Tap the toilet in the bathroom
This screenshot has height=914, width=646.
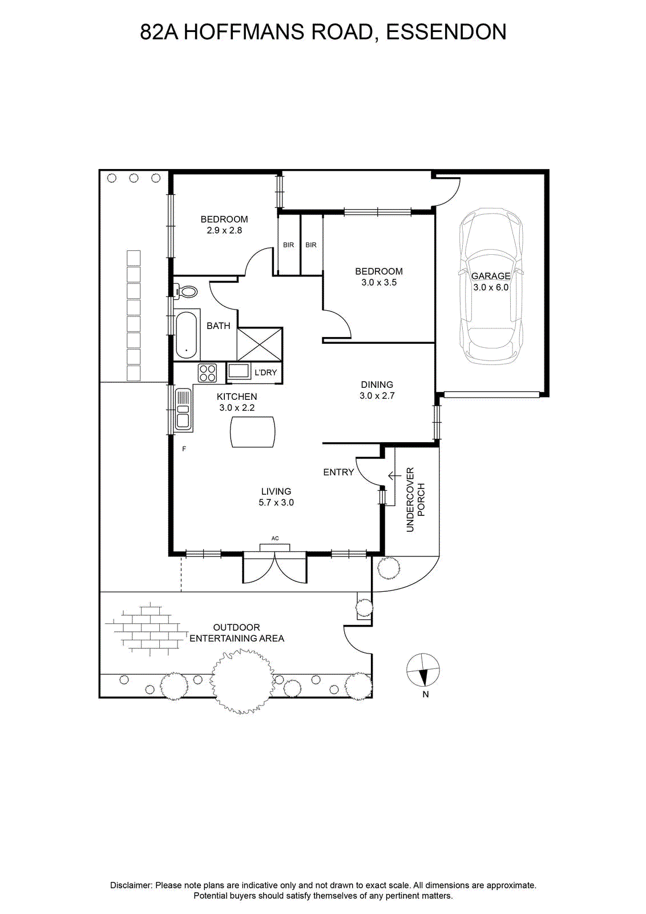(186, 291)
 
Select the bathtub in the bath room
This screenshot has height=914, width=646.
(188, 335)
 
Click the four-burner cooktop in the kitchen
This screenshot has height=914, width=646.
(207, 372)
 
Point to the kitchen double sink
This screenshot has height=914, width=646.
(183, 409)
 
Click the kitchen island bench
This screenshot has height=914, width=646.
(252, 432)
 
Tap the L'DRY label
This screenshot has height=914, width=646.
(266, 372)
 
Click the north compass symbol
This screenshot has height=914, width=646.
(423, 671)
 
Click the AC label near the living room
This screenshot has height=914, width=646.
(275, 539)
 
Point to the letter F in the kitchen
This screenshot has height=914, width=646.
(184, 449)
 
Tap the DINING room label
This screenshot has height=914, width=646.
(377, 384)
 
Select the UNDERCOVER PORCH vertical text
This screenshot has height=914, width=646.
(415, 500)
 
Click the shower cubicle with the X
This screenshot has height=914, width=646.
(260, 344)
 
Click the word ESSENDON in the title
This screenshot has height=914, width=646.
(446, 32)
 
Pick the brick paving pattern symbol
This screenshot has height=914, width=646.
(142, 629)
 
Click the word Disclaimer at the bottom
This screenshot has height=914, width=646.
(131, 882)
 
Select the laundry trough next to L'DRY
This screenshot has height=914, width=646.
(239, 372)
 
